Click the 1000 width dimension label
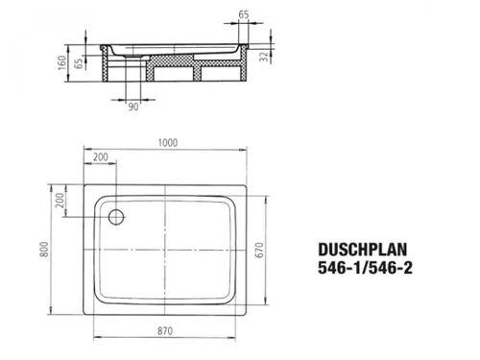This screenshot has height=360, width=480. pos(168,142)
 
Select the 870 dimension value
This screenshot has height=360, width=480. pos(165,330)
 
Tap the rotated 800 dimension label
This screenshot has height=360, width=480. pos(44,249)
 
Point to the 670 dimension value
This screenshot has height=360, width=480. pos(259,250)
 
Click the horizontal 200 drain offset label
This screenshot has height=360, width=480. pos(101,156)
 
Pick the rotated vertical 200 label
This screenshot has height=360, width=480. pos(60,200)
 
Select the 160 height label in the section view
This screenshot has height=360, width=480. pos(62,62)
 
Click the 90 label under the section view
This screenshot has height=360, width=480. pos(133,107)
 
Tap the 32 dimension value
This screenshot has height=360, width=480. pos(264,57)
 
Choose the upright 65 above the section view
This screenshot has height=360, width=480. pos(244,14)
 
